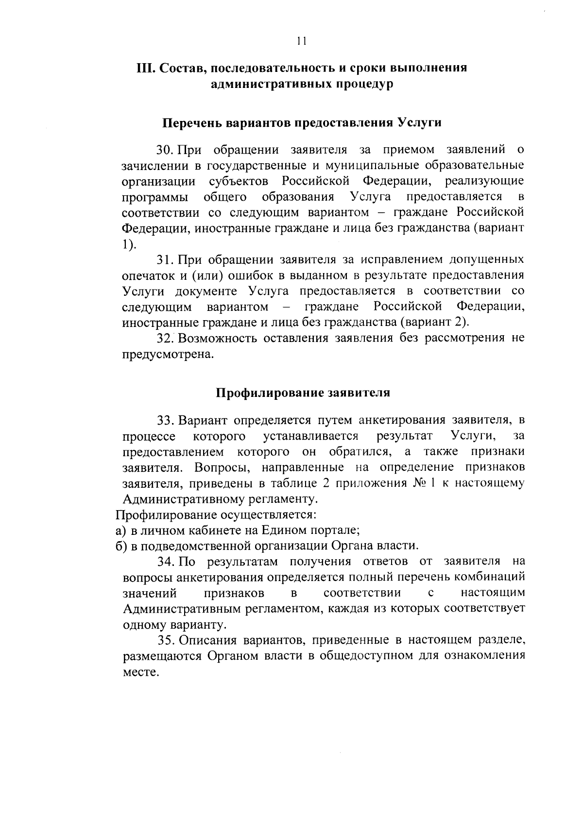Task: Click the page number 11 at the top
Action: click(x=301, y=41)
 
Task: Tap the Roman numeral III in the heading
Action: click(x=145, y=68)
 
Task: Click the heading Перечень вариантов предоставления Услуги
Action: click(x=301, y=122)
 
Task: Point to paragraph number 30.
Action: click(x=166, y=149)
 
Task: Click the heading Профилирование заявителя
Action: click(x=303, y=393)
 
